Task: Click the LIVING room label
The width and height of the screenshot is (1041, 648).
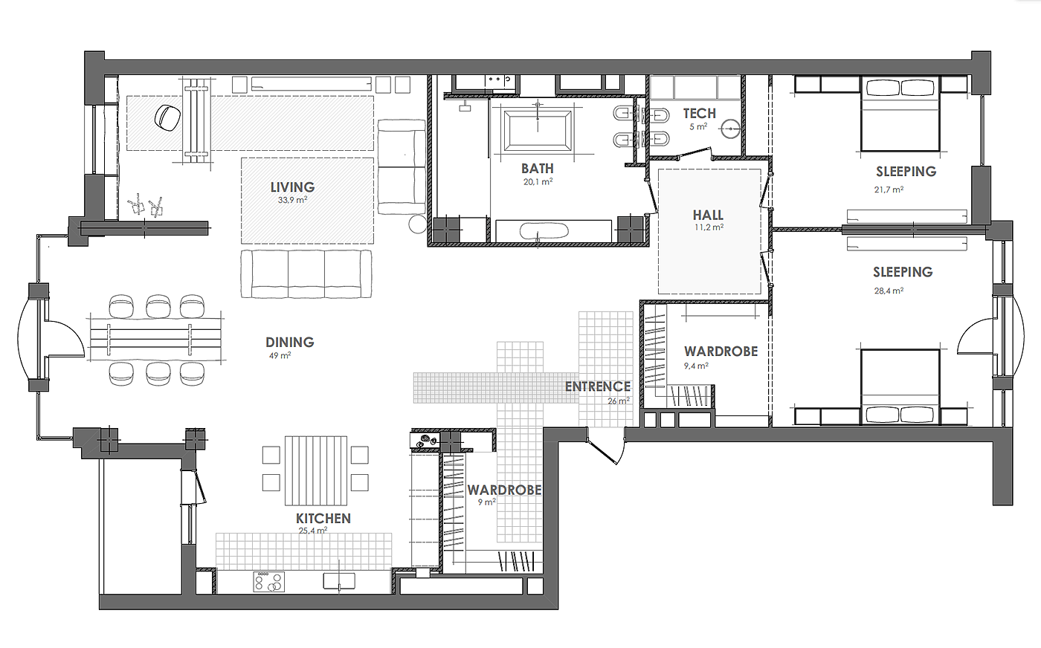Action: point(292,187)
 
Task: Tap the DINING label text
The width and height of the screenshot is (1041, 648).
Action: point(289,343)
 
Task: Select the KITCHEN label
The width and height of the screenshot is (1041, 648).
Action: point(323,519)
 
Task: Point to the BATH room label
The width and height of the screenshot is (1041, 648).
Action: point(537,168)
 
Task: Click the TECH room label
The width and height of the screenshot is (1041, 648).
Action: point(700,114)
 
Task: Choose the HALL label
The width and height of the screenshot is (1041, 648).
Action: point(708,215)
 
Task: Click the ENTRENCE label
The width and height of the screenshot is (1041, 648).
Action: point(598,386)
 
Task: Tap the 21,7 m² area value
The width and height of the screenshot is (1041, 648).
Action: point(889,189)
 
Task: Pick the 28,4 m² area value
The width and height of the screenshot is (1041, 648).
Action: point(889,291)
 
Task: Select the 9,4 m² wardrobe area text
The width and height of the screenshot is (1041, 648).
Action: point(696,366)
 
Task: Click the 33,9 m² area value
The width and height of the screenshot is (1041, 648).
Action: point(292,200)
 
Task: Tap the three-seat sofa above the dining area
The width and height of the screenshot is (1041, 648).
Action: point(306,274)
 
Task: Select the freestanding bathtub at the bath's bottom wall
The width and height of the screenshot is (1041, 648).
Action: point(544,231)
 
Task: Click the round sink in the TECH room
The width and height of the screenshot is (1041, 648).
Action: point(731,129)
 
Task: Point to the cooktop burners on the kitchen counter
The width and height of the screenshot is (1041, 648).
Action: point(268,582)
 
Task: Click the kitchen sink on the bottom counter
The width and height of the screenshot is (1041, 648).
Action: point(339,581)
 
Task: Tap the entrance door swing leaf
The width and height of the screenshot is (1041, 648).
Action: point(602,450)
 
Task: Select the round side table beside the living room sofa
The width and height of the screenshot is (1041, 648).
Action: point(417,224)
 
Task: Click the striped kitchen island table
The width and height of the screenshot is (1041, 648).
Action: point(316,470)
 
